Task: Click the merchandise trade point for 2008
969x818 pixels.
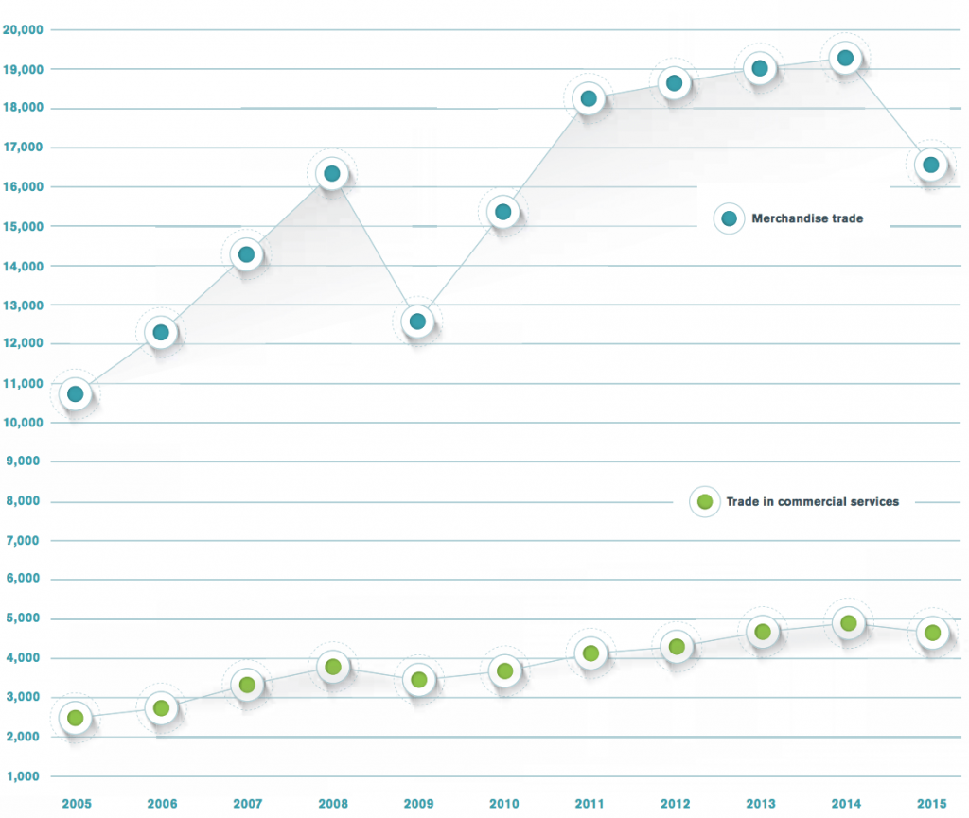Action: point(331,173)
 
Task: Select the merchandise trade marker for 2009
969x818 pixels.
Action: point(417,322)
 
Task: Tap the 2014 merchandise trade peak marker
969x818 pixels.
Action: point(845,59)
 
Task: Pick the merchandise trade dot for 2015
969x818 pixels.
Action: point(931,165)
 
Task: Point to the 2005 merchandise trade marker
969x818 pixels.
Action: point(76,393)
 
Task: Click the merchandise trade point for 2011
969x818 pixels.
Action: point(589,98)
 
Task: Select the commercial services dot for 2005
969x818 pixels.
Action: point(76,718)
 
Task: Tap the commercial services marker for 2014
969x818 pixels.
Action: point(848,623)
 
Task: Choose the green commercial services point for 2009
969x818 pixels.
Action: point(418,679)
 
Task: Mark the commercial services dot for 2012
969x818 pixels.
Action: point(676,647)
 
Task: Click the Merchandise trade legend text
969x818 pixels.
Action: point(807,218)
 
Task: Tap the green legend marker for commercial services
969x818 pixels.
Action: point(704,501)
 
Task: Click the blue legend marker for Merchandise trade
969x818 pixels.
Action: point(729,218)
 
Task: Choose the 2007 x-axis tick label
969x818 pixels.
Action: point(247,803)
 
